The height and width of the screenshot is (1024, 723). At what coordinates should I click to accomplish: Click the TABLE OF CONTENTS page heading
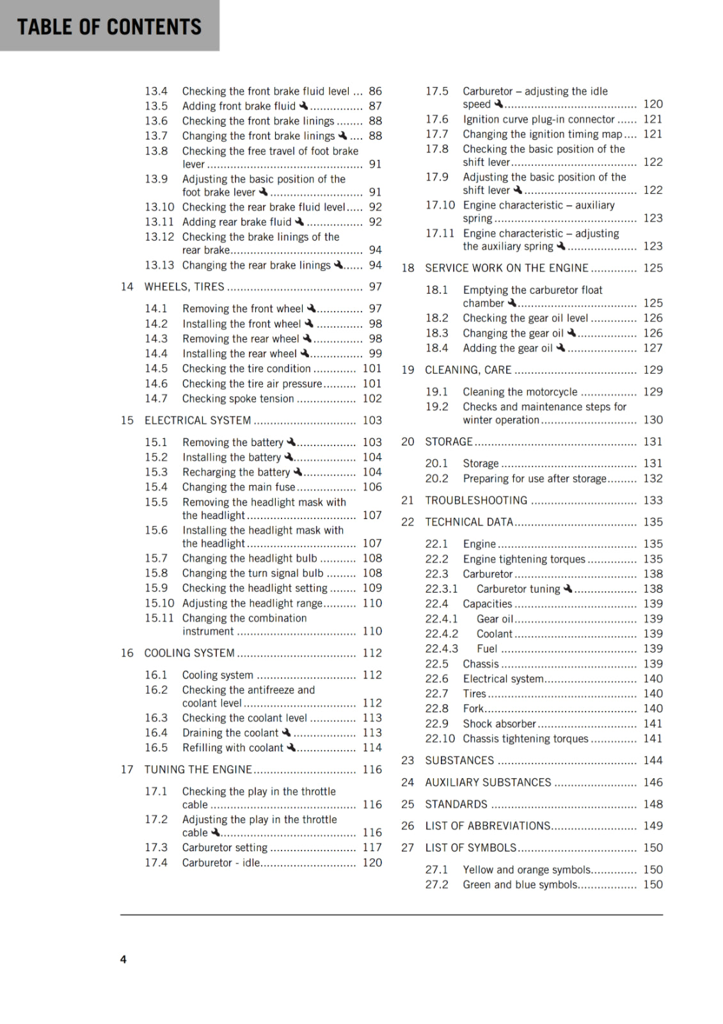109,26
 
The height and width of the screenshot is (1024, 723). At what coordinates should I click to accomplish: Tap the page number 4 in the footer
123,959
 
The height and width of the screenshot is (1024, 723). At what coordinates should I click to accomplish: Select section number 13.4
156,92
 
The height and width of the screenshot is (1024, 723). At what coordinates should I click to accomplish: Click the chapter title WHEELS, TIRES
184,287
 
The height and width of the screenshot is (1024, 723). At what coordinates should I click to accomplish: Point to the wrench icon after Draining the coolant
286,732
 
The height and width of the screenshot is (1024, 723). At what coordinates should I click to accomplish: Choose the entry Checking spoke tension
238,399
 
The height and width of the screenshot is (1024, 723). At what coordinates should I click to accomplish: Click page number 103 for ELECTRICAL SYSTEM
372,420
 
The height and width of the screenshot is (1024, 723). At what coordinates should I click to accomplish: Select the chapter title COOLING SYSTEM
189,653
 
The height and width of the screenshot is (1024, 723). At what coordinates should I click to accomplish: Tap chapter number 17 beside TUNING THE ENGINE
127,769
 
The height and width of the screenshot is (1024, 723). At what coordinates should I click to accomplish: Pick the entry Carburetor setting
225,847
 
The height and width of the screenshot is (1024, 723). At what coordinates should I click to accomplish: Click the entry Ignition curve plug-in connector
539,119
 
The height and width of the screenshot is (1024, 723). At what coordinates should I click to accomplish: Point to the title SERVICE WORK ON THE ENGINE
507,268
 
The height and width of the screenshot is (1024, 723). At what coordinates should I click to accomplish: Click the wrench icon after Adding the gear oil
560,348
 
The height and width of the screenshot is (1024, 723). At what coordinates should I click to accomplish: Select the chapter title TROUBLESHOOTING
476,500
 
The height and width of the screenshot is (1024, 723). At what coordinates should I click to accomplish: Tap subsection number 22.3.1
441,589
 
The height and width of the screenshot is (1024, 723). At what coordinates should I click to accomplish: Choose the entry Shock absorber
499,724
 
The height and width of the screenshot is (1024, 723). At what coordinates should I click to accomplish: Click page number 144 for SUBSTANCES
653,760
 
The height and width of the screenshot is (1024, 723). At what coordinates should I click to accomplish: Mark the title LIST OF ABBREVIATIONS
488,826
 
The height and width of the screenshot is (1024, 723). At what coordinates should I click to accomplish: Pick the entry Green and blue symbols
520,884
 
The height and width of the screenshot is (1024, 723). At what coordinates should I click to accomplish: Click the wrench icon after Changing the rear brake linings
338,264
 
